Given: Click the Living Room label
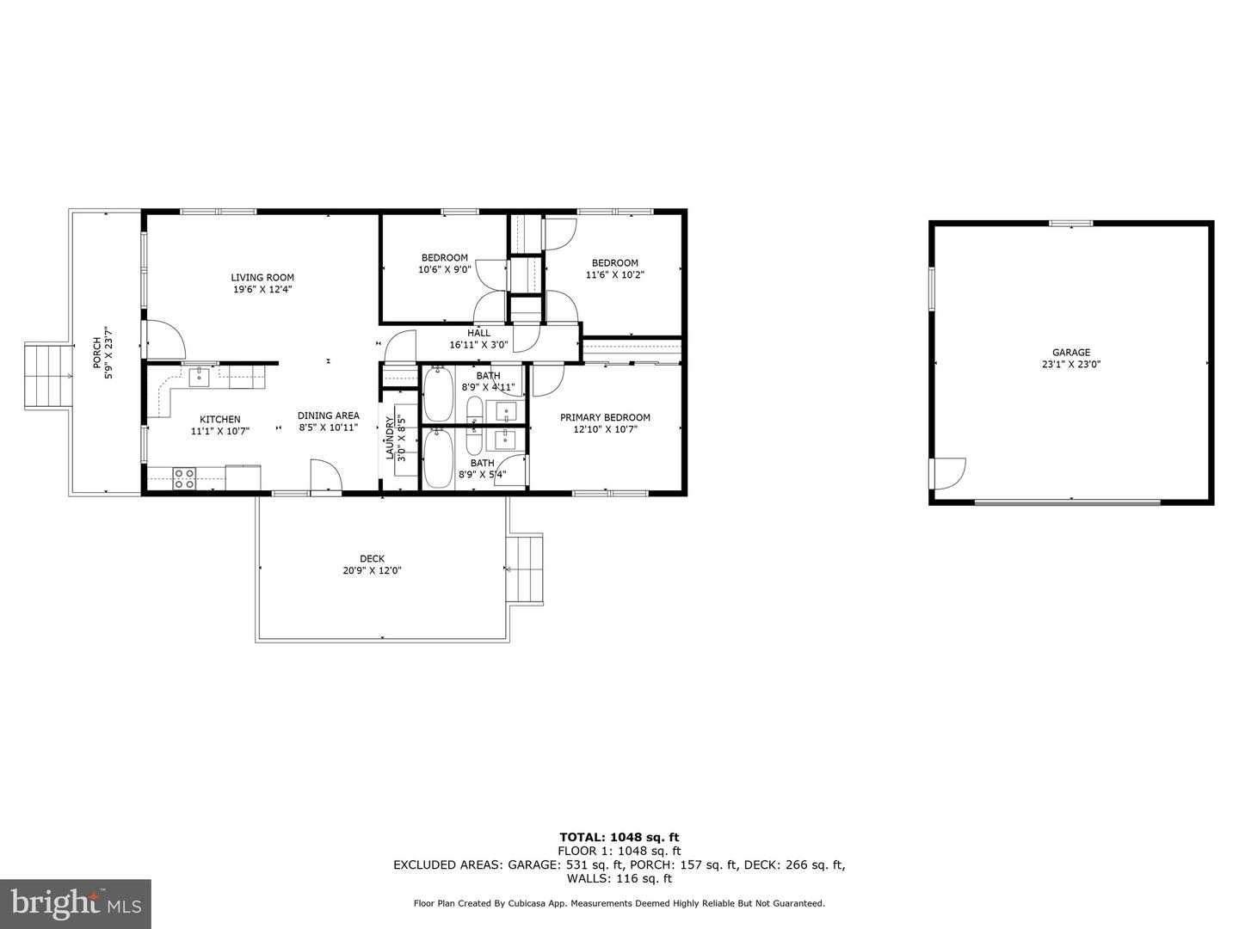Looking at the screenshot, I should (x=262, y=278).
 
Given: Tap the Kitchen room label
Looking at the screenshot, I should (x=220, y=420).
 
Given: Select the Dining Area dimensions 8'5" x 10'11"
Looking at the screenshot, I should (x=328, y=428).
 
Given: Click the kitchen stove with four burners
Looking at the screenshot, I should (x=184, y=478).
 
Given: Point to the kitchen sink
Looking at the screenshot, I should (x=200, y=377).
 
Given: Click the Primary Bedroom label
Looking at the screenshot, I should (x=605, y=418).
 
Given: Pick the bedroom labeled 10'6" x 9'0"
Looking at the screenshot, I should (x=444, y=263).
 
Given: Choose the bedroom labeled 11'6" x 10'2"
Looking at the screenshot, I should (x=614, y=268).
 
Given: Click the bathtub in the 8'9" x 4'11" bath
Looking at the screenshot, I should (x=439, y=394).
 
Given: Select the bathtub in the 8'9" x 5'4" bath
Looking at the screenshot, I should (x=439, y=458).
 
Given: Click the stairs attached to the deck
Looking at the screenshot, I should (x=525, y=569).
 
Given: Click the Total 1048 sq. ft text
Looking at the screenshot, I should (x=619, y=837).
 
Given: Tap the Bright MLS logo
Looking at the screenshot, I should (x=75, y=903).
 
